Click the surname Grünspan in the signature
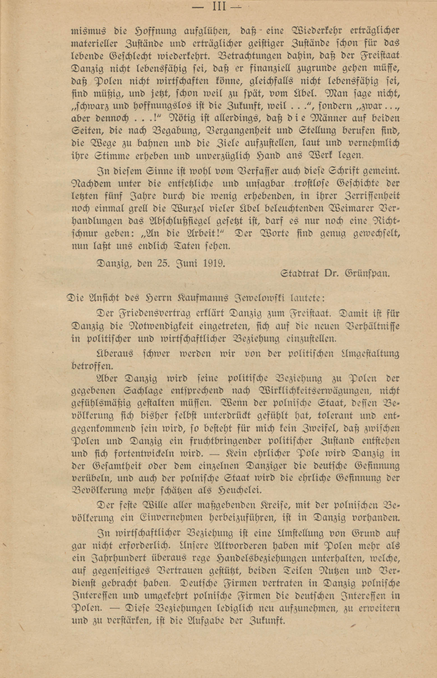[x=367, y=273]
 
